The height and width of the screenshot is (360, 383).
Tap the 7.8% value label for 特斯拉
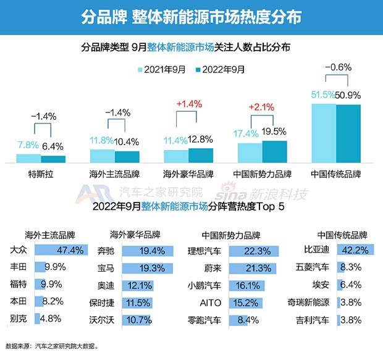tap(28, 146)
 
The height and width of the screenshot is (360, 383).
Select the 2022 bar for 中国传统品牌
tap(348, 133)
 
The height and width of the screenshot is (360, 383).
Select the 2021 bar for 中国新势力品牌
tap(250, 152)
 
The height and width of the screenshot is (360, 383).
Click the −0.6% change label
tap(337, 67)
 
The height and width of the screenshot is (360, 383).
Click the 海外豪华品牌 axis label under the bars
tap(188, 174)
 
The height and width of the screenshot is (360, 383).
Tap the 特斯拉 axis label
tap(41, 174)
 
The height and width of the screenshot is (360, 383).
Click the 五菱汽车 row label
tap(312, 268)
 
